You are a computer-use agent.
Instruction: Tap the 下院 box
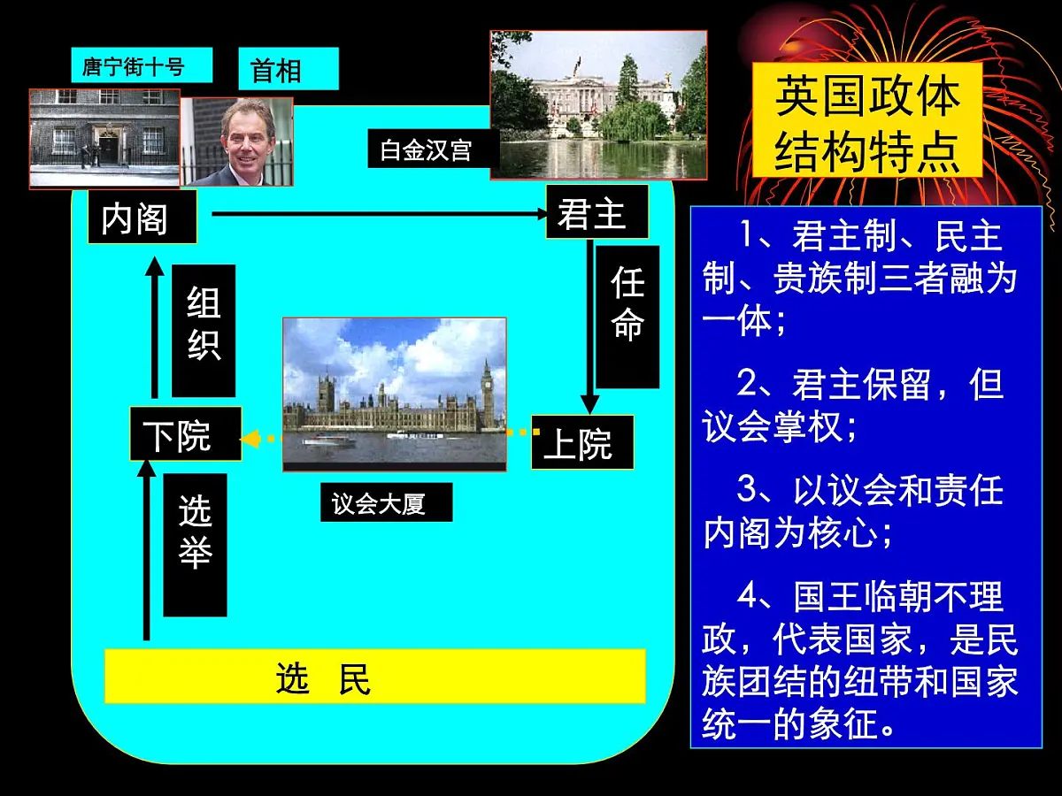pyautogui.click(x=185, y=434)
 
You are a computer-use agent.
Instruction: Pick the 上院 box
pyautogui.click(x=582, y=442)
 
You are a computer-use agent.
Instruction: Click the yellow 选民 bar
pyautogui.click(x=374, y=677)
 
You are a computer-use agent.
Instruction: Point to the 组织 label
pyautogui.click(x=204, y=330)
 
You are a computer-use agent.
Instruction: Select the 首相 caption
pyautogui.click(x=276, y=69)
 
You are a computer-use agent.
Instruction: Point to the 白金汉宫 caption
pyautogui.click(x=427, y=149)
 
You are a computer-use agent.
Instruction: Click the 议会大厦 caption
pyautogui.click(x=386, y=502)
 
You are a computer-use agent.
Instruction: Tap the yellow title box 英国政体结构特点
pyautogui.click(x=866, y=121)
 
